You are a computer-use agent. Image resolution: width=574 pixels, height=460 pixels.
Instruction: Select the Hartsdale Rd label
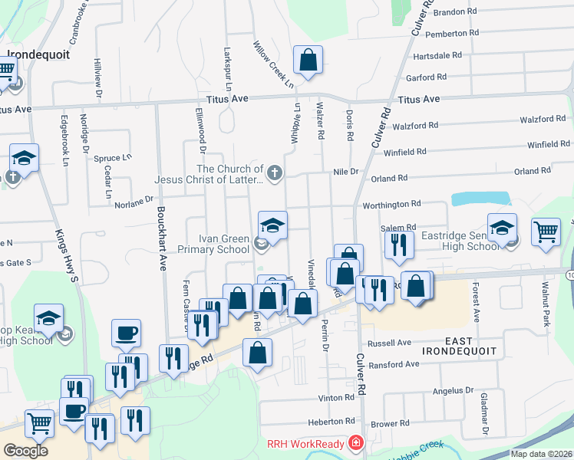pyautogui.click(x=437, y=56)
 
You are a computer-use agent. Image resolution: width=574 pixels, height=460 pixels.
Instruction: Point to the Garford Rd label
pyautogui.click(x=426, y=77)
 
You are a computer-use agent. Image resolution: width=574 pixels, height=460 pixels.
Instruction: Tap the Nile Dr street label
pyautogui.click(x=345, y=172)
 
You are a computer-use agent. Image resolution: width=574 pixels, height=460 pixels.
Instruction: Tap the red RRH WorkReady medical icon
pyautogui.click(x=355, y=443)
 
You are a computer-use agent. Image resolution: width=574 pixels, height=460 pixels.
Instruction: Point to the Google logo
pyautogui.click(x=25, y=451)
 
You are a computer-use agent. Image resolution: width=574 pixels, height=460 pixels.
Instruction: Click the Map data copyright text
pyautogui.click(x=540, y=454)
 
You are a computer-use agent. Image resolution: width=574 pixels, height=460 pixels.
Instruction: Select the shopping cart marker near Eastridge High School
pyautogui.click(x=546, y=229)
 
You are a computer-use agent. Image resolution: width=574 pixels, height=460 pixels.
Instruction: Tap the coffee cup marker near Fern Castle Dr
pyautogui.click(x=126, y=333)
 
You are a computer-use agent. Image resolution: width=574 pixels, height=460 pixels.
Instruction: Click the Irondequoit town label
pyautogui.click(x=38, y=55)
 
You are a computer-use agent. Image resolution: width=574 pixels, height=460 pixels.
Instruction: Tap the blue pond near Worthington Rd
pyautogui.click(x=481, y=199)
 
